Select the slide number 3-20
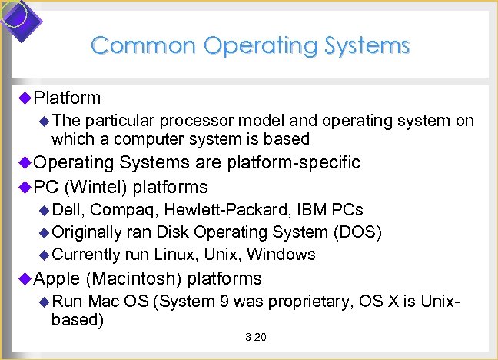click(x=255, y=338)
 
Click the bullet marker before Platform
click(x=24, y=98)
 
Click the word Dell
click(x=68, y=210)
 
